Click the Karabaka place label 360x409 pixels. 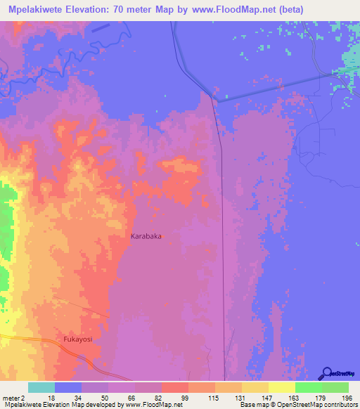point(146,237)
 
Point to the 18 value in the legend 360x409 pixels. point(51,398)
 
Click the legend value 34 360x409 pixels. point(77,398)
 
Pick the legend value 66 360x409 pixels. point(131,398)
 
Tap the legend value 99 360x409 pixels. point(184,398)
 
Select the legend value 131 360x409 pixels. point(238,398)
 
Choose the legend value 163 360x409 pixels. point(292,398)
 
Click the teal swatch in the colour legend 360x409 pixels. point(41,387)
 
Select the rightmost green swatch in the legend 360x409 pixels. point(335,387)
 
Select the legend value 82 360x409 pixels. point(157,398)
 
